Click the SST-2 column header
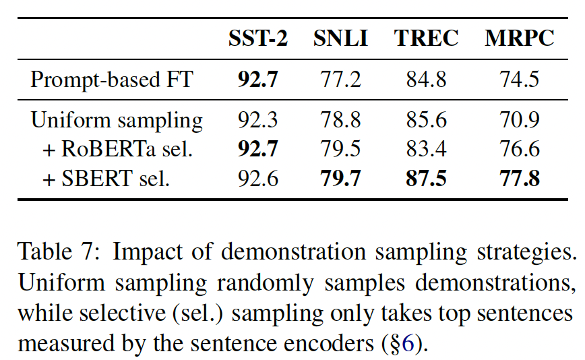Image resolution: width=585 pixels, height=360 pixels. [258, 39]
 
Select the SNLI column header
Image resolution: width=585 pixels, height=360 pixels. [340, 39]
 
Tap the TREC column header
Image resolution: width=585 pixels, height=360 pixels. [426, 39]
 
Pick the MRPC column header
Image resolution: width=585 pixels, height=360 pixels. [519, 39]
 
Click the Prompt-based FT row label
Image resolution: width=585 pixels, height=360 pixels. [112, 80]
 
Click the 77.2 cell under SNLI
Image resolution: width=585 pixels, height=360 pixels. [340, 80]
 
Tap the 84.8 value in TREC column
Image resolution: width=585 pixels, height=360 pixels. [426, 80]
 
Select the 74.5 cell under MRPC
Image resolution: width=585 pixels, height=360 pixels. [519, 80]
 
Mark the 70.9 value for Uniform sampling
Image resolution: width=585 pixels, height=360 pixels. [519, 121]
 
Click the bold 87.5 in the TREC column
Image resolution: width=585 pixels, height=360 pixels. [426, 179]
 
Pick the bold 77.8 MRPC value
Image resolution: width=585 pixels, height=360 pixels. [519, 179]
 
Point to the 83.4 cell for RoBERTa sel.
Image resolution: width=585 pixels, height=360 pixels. [426, 149]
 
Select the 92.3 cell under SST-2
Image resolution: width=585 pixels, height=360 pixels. [258, 121]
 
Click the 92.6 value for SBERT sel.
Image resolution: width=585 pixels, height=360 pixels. [258, 179]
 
